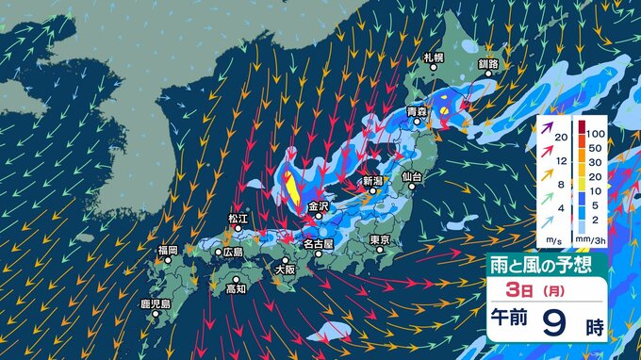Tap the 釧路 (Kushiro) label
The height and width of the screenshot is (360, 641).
(487, 64)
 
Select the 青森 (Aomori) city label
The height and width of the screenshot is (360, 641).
(417, 112)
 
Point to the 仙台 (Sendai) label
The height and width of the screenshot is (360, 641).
(413, 176)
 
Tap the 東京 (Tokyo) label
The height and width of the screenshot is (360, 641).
(381, 240)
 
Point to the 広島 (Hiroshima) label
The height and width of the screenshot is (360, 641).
(232, 253)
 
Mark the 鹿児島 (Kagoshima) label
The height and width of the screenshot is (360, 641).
(154, 304)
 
